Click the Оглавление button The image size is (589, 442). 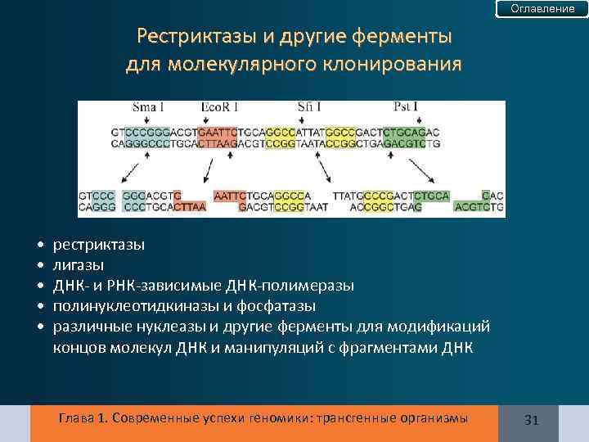[542, 8]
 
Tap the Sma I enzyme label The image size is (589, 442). [148, 107]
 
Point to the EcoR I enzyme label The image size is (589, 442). [219, 107]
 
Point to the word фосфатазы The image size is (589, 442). [283, 305]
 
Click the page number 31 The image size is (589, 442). [531, 420]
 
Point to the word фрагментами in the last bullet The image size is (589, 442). [388, 345]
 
